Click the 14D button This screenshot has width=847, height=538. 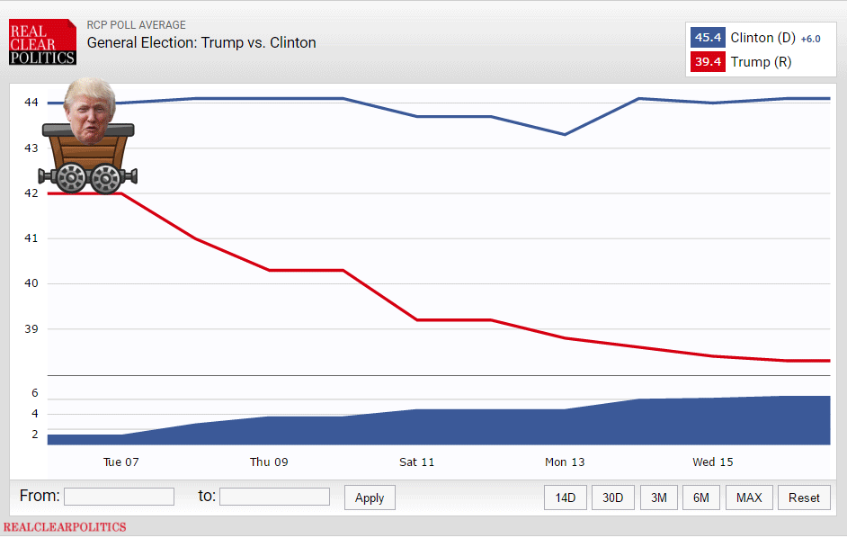(566, 498)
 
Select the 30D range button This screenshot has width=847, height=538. (613, 498)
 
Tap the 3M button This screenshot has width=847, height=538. (659, 498)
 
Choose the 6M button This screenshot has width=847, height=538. (701, 498)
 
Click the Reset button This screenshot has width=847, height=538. (805, 498)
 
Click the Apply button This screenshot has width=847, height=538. (370, 498)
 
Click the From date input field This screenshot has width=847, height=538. (119, 497)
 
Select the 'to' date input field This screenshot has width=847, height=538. (274, 497)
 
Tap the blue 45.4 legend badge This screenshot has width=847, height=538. (707, 38)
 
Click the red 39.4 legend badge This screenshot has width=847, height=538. (707, 62)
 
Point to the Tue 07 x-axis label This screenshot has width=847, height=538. (121, 462)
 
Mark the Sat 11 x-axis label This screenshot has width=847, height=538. (417, 462)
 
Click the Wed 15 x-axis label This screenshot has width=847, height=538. (713, 462)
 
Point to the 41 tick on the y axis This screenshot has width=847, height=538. (31, 238)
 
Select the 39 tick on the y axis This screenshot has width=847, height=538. (31, 328)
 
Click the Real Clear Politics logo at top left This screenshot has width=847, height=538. (42, 42)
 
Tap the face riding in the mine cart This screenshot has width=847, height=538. (90, 112)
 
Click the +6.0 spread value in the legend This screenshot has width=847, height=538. (811, 39)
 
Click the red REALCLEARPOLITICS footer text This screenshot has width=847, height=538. (65, 527)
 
